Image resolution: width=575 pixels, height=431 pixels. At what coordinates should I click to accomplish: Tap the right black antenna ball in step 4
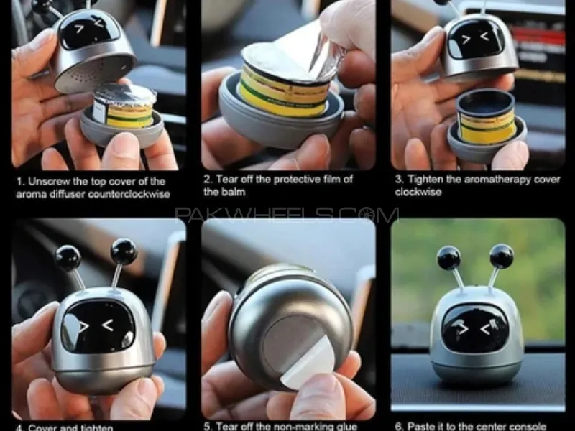coord(124,251)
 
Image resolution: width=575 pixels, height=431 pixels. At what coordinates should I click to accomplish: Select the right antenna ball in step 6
coord(501,256)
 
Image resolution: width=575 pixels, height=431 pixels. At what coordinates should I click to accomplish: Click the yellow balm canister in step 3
coord(487,118)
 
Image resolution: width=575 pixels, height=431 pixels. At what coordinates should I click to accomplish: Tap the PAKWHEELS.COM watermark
coord(287,215)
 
